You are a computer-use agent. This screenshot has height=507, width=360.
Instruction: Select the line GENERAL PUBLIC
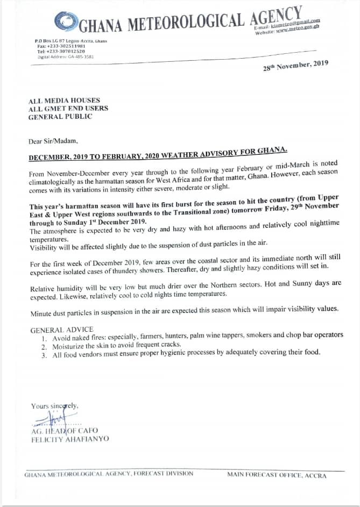[x=60, y=116]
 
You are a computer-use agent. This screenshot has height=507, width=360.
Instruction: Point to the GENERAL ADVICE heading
[x=62, y=329]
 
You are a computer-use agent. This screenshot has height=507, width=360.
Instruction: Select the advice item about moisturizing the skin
[x=118, y=345]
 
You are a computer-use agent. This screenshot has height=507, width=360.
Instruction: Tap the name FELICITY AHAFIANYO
[x=70, y=439]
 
